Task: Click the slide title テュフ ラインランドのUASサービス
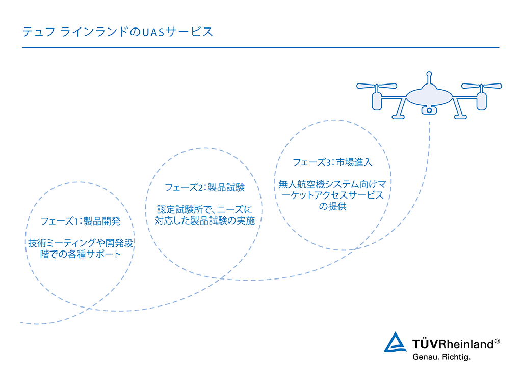[118, 32]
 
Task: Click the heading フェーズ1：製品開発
[80, 221]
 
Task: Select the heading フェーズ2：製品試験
[205, 187]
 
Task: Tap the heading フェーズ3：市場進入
[332, 162]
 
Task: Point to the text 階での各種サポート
[80, 254]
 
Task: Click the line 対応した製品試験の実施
[205, 220]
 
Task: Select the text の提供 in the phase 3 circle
[332, 206]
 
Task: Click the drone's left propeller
[377, 86]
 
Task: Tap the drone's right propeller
[481, 86]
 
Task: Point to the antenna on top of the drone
[429, 78]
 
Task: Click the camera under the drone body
[429, 110]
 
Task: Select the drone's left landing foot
[398, 117]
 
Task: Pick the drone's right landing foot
[460, 117]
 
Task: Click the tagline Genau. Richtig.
[441, 357]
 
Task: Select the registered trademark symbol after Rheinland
[498, 341]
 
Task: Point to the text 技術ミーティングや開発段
[80, 243]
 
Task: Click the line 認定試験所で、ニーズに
[205, 209]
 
